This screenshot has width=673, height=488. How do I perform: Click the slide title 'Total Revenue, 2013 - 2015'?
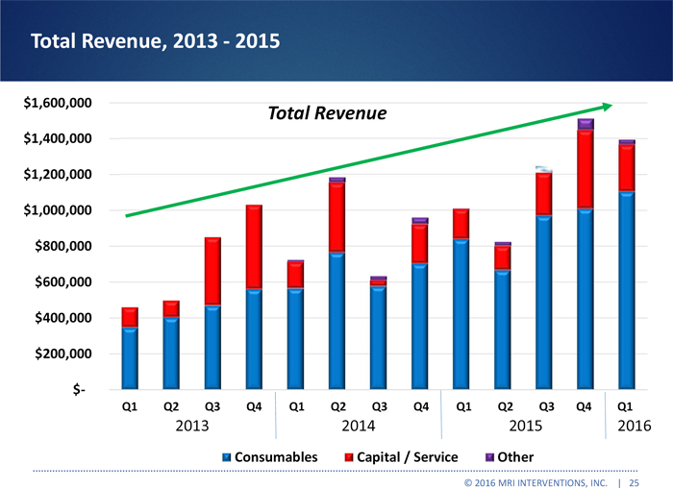(155, 41)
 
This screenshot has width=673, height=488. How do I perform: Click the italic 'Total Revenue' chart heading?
(326, 114)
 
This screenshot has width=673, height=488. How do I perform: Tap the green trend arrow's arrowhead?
(606, 107)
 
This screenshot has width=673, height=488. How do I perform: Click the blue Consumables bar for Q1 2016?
(626, 288)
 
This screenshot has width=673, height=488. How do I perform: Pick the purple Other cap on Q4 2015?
(585, 124)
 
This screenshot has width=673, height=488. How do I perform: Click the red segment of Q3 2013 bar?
(212, 272)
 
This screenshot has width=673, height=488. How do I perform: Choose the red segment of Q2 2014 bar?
(336, 217)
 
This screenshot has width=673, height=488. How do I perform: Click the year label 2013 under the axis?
(191, 425)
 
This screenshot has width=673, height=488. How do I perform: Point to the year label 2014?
(358, 425)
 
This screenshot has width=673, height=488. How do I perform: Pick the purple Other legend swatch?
(489, 456)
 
